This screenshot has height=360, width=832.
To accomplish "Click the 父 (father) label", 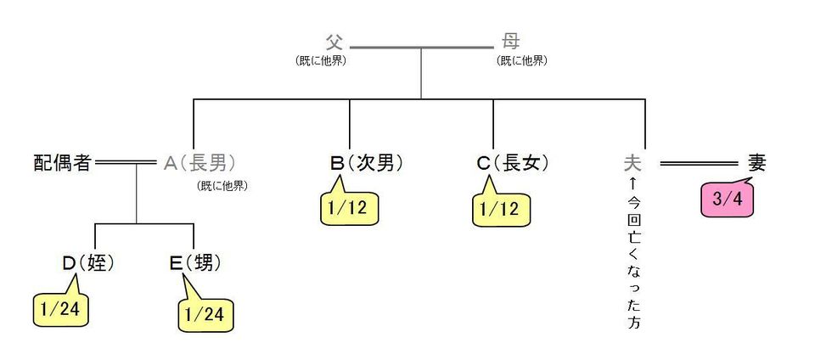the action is (334, 42).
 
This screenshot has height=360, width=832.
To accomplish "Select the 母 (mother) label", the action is (511, 42).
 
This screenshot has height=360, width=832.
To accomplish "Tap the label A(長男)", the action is (200, 164).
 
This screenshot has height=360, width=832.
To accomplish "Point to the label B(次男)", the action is (366, 164).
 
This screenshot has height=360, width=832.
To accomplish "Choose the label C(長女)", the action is (512, 164).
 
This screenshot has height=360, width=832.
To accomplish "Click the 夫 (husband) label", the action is (633, 163).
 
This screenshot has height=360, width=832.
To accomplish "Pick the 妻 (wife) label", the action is (756, 163).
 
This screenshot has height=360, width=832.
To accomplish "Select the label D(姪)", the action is (88, 264).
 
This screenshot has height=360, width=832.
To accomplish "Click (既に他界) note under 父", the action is (321, 61).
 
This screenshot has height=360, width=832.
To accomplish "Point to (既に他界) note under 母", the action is (521, 61).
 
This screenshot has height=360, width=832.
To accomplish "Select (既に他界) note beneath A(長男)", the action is (222, 187).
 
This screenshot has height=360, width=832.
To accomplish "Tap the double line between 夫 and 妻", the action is (700, 164).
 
